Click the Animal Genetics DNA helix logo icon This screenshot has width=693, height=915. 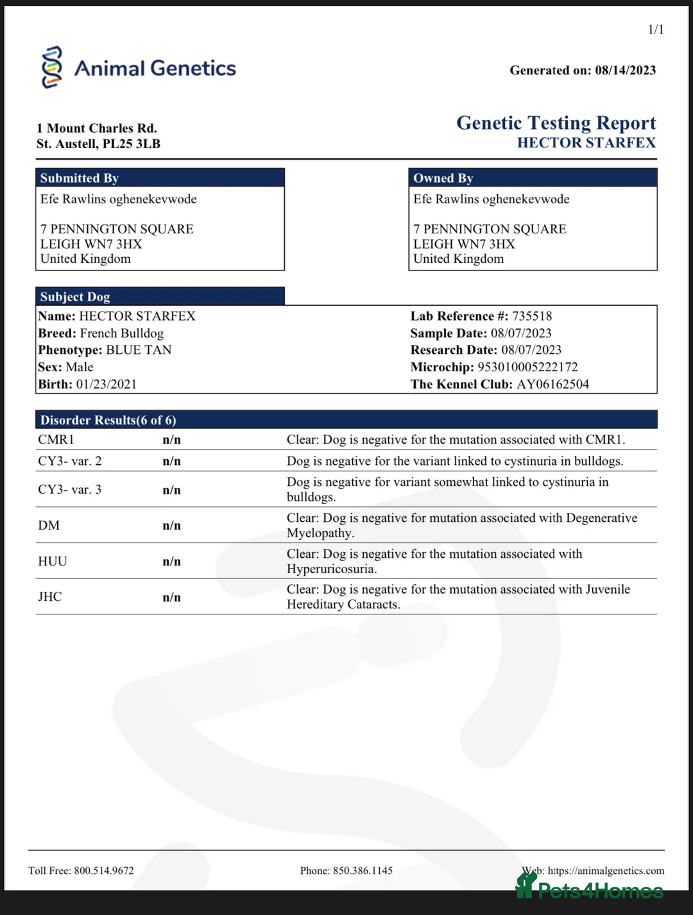coord(52,67)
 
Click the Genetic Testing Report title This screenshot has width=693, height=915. coord(556,122)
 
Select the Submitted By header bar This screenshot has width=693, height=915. coord(160,178)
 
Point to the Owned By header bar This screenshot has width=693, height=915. coord(533,178)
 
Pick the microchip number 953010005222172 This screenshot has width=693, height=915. coord(527,367)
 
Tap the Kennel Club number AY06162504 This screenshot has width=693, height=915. coord(552,384)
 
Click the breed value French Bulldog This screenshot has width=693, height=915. coord(122,333)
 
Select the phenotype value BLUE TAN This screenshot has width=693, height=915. coord(139,350)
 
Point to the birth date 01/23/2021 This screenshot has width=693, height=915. coord(107,384)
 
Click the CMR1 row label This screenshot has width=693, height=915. coord(56,440)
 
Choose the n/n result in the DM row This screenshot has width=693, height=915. coord(171,526)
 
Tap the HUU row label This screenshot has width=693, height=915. coord(53,562)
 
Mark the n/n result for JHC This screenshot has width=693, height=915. coord(171,598)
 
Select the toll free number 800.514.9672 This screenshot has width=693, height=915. coord(104,871)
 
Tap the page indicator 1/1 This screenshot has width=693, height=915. coord(656,29)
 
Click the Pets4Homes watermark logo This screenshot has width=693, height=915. coord(590,889)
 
